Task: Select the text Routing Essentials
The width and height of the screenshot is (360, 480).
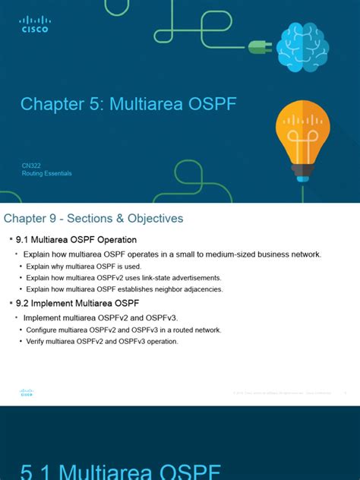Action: click(46, 173)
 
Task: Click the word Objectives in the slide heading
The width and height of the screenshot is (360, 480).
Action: click(150, 219)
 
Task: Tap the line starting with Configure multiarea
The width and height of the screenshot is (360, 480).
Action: click(123, 330)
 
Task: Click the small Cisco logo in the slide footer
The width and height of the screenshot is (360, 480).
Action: click(26, 393)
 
